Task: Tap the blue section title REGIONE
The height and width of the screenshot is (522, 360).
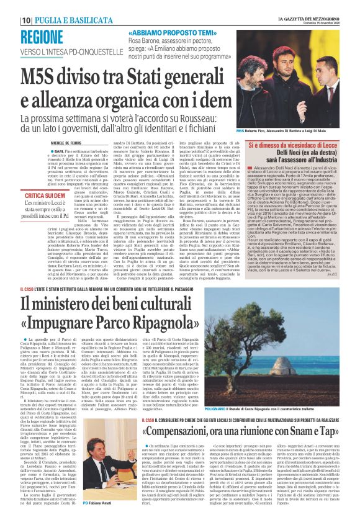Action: (39, 36)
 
